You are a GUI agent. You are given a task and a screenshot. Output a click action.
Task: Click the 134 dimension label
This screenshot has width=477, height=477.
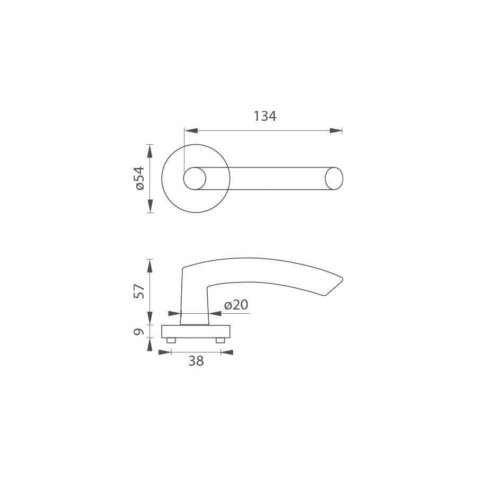pos(265,116)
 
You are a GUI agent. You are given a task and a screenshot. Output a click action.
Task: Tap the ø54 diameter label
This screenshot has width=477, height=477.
pos(139,178)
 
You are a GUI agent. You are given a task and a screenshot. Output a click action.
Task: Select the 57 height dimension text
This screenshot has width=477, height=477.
pos(139,291)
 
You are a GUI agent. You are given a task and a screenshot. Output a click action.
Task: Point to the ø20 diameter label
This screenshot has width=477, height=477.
pos(236,305)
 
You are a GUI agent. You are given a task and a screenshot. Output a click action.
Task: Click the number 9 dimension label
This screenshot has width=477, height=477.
pos(139,331)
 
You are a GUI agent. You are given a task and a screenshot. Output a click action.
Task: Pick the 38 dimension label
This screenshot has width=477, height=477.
pos(196,361)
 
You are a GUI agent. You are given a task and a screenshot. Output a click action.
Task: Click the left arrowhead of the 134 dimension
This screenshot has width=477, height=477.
pos(191,131)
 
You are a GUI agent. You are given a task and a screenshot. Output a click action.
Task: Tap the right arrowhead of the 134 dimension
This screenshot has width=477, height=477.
pos(335,131)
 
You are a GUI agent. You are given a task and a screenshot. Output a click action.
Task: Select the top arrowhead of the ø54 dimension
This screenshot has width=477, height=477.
pos(149,151)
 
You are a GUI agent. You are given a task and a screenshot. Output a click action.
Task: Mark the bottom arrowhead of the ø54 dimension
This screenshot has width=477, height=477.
pos(149,206)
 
